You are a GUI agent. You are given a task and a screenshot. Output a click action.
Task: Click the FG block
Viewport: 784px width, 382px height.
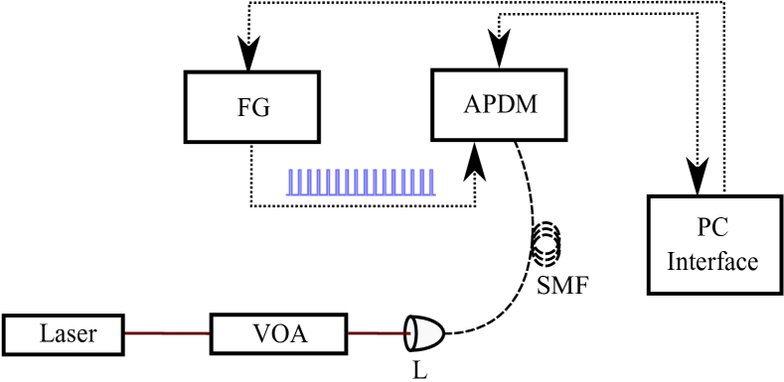(x=251, y=106)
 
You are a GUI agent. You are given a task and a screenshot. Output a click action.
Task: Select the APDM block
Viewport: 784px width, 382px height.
(x=499, y=104)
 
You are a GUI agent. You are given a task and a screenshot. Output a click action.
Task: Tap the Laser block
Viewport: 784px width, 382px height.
(x=64, y=333)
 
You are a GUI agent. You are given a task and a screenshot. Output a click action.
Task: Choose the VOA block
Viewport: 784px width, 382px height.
(x=278, y=333)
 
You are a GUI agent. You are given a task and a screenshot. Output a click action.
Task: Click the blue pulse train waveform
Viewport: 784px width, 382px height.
(x=361, y=182)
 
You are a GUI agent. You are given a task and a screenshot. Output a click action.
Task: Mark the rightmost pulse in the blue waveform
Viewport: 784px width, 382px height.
(x=429, y=182)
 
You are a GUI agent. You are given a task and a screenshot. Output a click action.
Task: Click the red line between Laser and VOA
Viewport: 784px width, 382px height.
(x=167, y=334)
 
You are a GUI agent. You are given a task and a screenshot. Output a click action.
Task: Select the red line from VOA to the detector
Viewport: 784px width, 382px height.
(x=376, y=334)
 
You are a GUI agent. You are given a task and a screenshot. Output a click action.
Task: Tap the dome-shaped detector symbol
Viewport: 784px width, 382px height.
(x=425, y=333)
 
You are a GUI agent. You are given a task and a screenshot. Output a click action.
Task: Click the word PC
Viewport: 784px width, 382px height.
(x=712, y=229)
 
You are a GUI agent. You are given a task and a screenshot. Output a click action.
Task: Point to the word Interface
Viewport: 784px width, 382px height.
(x=712, y=262)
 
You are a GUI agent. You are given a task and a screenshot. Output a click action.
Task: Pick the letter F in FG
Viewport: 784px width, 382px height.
(x=243, y=107)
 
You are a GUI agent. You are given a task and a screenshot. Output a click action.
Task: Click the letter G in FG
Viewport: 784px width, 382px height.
(x=260, y=107)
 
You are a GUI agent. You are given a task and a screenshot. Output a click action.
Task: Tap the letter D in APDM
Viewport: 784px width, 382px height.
(x=504, y=103)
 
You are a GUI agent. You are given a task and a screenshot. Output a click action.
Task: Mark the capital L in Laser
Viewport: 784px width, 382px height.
(x=46, y=333)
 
